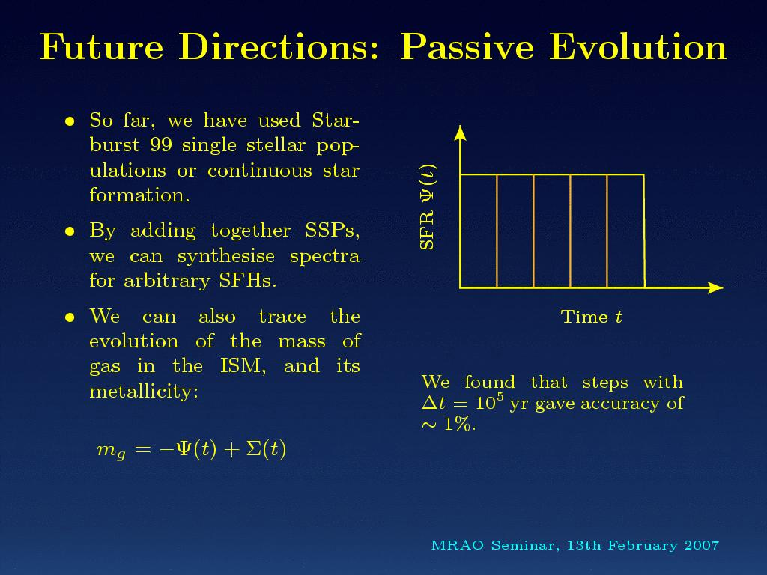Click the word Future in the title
pos(102,47)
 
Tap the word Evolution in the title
pos(638,47)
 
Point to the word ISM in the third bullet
pos(243,365)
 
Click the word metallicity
pos(144,391)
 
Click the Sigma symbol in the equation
pos(254,449)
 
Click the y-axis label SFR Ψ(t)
pos(428,207)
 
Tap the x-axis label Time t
pos(592,317)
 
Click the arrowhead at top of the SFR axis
pos(460,133)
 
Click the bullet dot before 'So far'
pos(70,121)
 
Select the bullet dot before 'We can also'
pos(70,317)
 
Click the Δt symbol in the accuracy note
pos(434,403)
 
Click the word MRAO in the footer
pos(458,545)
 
